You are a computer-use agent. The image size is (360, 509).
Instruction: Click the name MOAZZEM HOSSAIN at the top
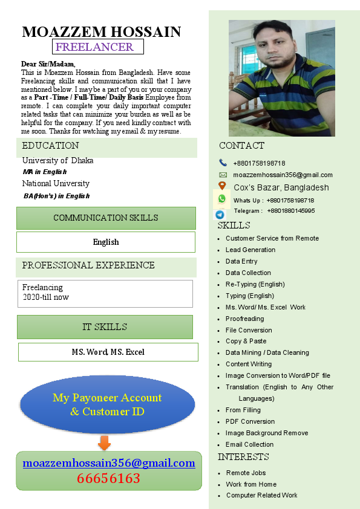tap(101, 32)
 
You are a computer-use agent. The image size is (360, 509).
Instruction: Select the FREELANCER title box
tap(97, 47)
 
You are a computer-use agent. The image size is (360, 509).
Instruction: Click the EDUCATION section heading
tap(50, 146)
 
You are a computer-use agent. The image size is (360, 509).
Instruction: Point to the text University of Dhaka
tap(57, 160)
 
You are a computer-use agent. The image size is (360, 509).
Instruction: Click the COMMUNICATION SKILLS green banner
tap(106, 218)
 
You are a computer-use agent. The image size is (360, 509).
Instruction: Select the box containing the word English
tap(106, 242)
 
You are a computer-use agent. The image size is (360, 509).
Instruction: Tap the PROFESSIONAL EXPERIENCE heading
tap(88, 265)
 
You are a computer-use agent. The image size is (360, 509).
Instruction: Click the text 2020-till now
tap(45, 297)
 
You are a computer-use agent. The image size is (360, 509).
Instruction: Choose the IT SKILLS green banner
tap(105, 327)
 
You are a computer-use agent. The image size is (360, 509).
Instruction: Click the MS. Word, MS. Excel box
tap(108, 352)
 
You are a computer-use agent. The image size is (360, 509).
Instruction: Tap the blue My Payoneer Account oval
tap(107, 404)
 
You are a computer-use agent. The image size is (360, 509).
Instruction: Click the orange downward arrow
tap(104, 443)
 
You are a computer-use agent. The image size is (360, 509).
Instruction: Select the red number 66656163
tap(108, 479)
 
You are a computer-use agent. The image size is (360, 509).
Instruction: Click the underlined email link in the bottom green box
tap(109, 463)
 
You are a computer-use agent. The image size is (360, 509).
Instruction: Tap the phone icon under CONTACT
tap(223, 163)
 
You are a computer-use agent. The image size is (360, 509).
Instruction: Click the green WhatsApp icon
tap(222, 199)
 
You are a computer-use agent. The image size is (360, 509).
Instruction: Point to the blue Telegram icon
tap(220, 214)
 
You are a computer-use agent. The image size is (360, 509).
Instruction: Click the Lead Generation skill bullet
tap(250, 250)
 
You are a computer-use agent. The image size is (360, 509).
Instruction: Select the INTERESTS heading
tap(243, 457)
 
